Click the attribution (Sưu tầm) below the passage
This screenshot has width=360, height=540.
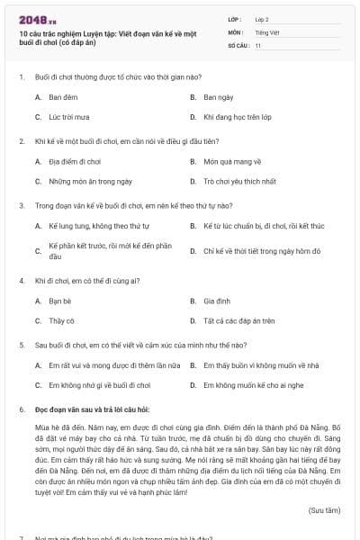[x=325, y=509]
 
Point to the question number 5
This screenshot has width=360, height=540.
[x=21, y=345]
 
